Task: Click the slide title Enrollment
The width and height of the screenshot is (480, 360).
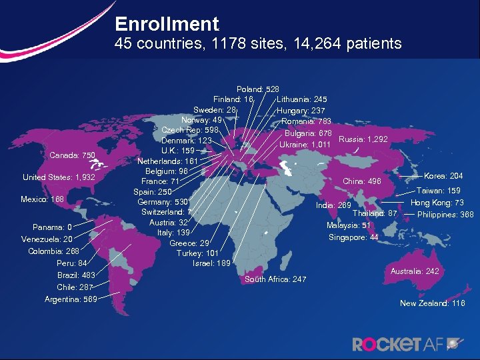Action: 167,25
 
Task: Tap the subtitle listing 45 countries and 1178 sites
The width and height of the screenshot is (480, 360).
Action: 258,45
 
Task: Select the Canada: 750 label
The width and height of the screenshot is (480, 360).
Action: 73,156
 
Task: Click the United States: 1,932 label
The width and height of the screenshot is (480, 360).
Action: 59,178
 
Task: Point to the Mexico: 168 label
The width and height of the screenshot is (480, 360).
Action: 43,199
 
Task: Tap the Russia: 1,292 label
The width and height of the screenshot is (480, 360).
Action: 363,139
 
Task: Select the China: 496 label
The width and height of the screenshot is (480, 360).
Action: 361,181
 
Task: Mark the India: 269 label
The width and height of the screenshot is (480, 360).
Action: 333,205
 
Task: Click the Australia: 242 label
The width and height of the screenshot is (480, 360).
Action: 415,271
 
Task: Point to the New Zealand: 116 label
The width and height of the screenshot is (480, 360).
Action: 432,303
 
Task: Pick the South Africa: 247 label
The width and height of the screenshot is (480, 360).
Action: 275,279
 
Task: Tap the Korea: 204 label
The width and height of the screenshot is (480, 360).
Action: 443,177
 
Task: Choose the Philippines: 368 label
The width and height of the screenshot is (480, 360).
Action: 445,215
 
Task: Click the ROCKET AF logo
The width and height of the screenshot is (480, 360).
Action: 407,344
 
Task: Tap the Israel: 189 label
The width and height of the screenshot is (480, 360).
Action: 211,263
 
